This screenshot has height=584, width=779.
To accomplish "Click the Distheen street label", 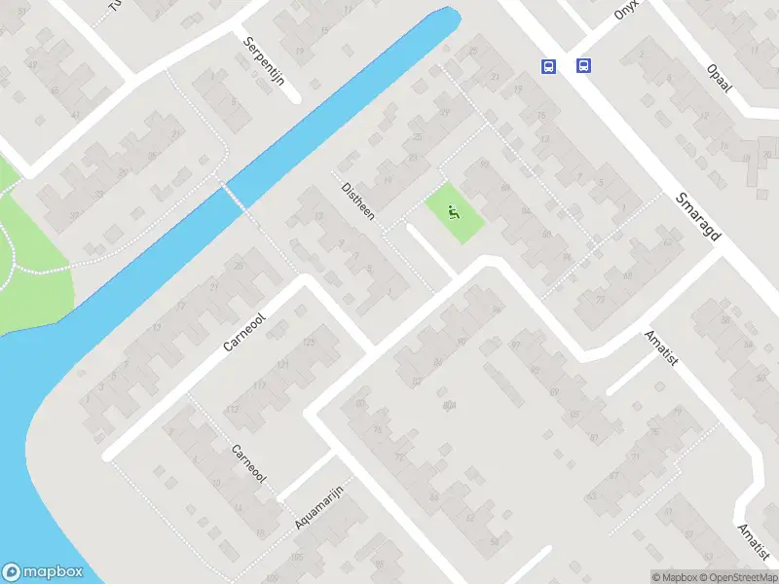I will [357, 201].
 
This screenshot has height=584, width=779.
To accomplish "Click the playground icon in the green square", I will [454, 209].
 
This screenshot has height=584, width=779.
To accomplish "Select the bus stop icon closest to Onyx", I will [583, 66].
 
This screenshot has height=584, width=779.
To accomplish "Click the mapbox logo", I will [43, 572].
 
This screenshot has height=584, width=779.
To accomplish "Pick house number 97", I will [515, 346].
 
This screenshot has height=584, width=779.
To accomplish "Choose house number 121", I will [283, 364].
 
